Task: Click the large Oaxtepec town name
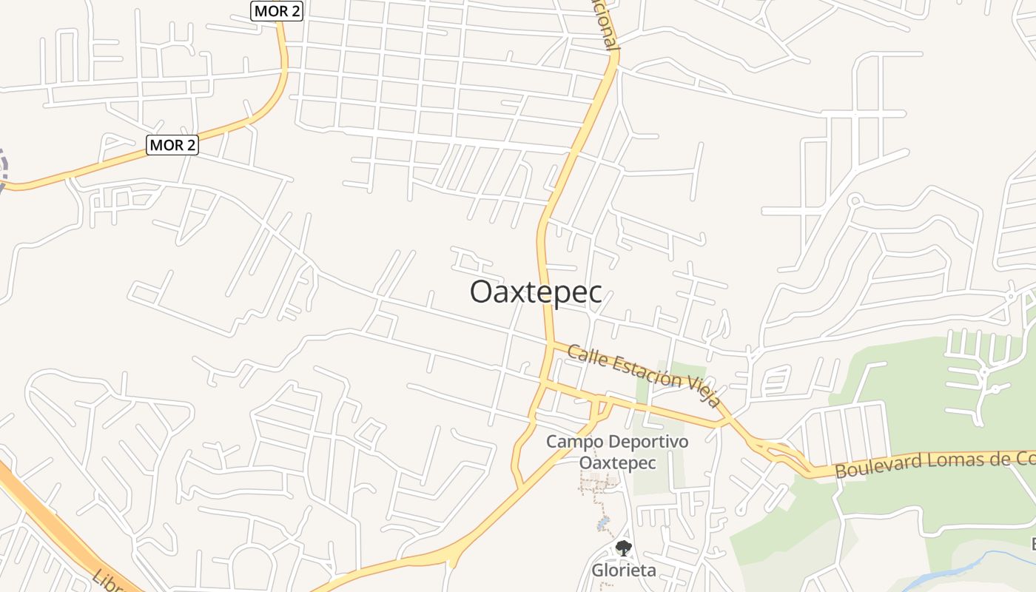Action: coord(536,292)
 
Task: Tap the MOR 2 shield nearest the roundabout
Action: coord(172,144)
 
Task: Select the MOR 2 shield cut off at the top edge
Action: coord(277,10)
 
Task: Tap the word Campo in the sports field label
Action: coord(569,442)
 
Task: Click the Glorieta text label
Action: coord(623,571)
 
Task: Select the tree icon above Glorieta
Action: coord(624,548)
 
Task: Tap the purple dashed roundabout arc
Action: coord(4,169)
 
